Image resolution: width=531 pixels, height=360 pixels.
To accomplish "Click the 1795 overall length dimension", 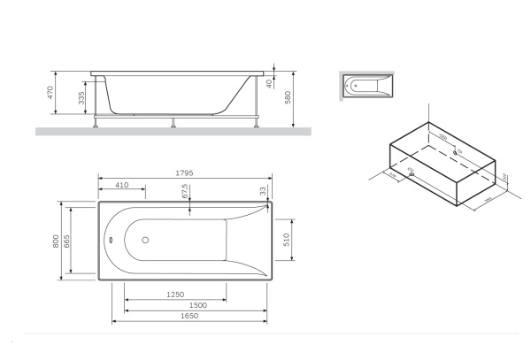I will pyautogui.click(x=183, y=172).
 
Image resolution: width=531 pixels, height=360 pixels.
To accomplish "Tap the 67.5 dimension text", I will pyautogui.click(x=184, y=192).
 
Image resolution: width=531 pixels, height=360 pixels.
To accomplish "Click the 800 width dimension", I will pyautogui.click(x=56, y=240).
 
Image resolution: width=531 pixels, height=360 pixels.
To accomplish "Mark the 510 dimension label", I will pyautogui.click(x=286, y=240).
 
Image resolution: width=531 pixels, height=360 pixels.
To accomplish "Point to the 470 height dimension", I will pyautogui.click(x=52, y=92).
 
